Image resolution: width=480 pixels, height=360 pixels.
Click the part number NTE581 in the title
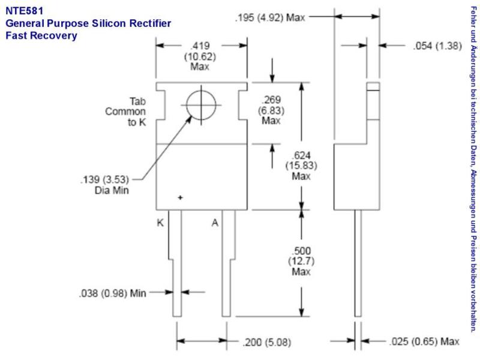click(25, 11)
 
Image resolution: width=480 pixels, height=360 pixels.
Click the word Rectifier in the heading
click(150, 23)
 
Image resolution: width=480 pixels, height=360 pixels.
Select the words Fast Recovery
click(41, 35)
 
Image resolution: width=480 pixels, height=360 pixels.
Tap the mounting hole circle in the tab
click(201, 105)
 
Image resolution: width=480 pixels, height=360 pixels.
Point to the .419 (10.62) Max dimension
click(200, 56)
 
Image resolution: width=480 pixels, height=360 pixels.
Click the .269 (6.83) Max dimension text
click(271, 110)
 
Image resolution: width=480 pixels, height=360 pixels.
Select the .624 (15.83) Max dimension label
click(301, 166)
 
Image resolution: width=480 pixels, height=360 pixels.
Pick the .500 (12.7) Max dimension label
click(301, 261)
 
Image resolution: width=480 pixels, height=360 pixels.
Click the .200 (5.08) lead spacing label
click(266, 342)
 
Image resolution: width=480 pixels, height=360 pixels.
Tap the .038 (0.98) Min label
click(113, 293)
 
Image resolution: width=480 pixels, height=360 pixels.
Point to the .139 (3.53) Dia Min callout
click(104, 185)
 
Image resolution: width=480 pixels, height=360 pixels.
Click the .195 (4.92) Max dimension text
click(271, 17)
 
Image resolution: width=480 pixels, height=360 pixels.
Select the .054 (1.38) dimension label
click(437, 46)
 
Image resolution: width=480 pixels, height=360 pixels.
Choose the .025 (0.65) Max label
click(424, 341)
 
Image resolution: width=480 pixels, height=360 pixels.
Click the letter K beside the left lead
click(160, 223)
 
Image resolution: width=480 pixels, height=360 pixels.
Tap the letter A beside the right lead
click(215, 223)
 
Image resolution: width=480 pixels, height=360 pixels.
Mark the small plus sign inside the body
click(181, 197)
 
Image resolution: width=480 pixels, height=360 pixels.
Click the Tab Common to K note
click(125, 112)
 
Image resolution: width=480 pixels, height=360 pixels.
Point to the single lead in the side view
click(358, 263)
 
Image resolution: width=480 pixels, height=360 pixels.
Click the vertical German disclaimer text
click(473, 169)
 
